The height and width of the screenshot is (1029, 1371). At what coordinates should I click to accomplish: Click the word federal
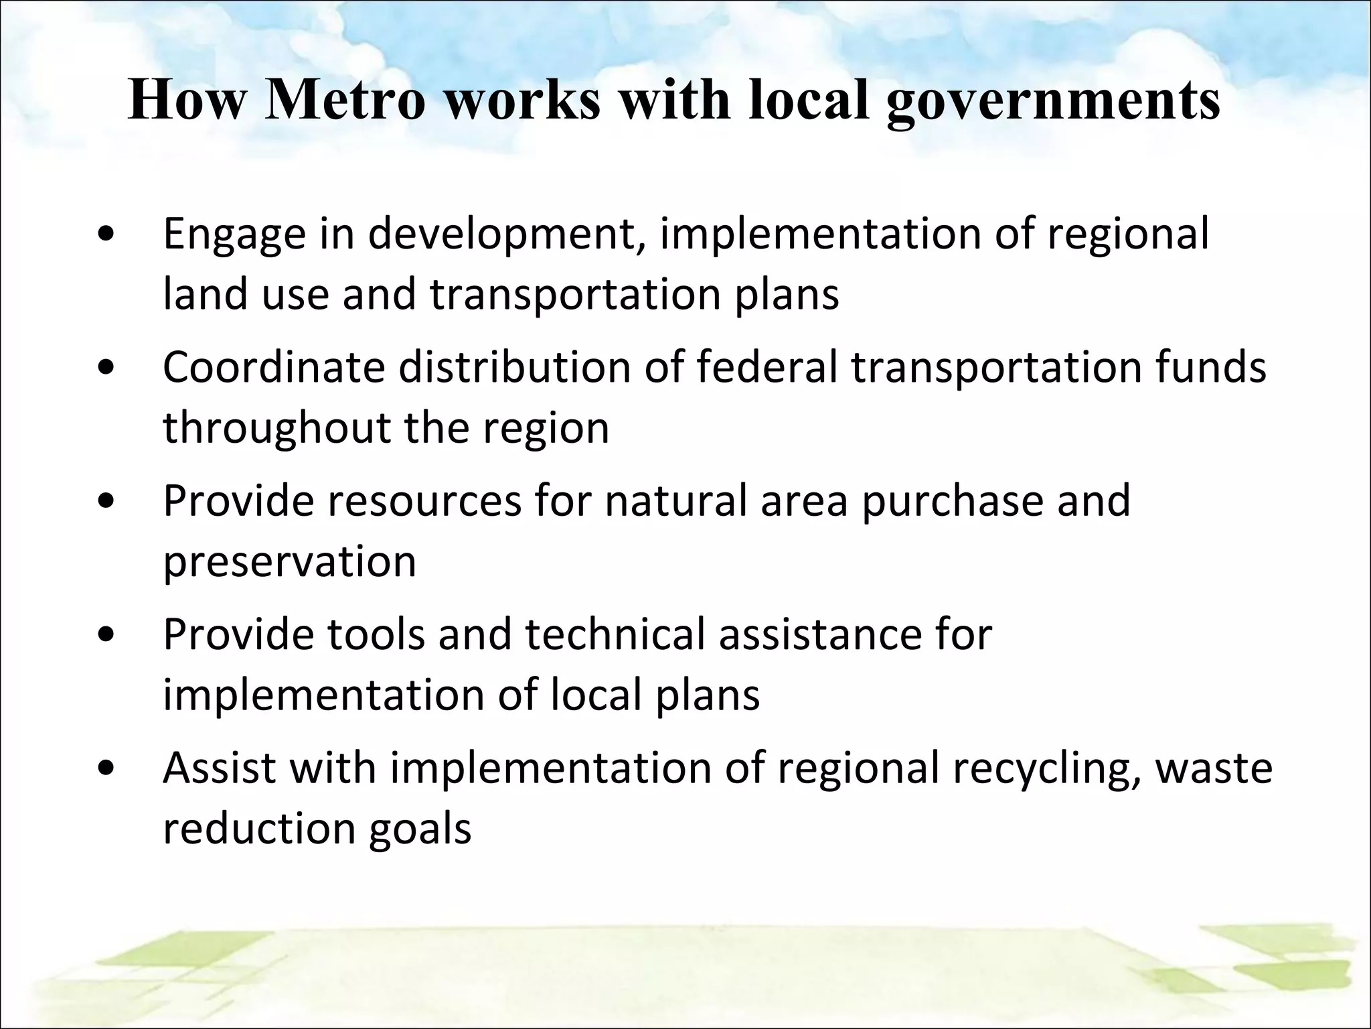[x=767, y=367]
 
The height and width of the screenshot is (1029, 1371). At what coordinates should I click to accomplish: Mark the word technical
[x=615, y=634]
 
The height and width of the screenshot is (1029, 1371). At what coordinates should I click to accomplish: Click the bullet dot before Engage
[x=106, y=236]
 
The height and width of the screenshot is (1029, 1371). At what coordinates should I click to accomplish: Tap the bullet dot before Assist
[x=106, y=770]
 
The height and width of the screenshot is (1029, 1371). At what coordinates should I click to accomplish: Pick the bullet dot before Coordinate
[x=106, y=369]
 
